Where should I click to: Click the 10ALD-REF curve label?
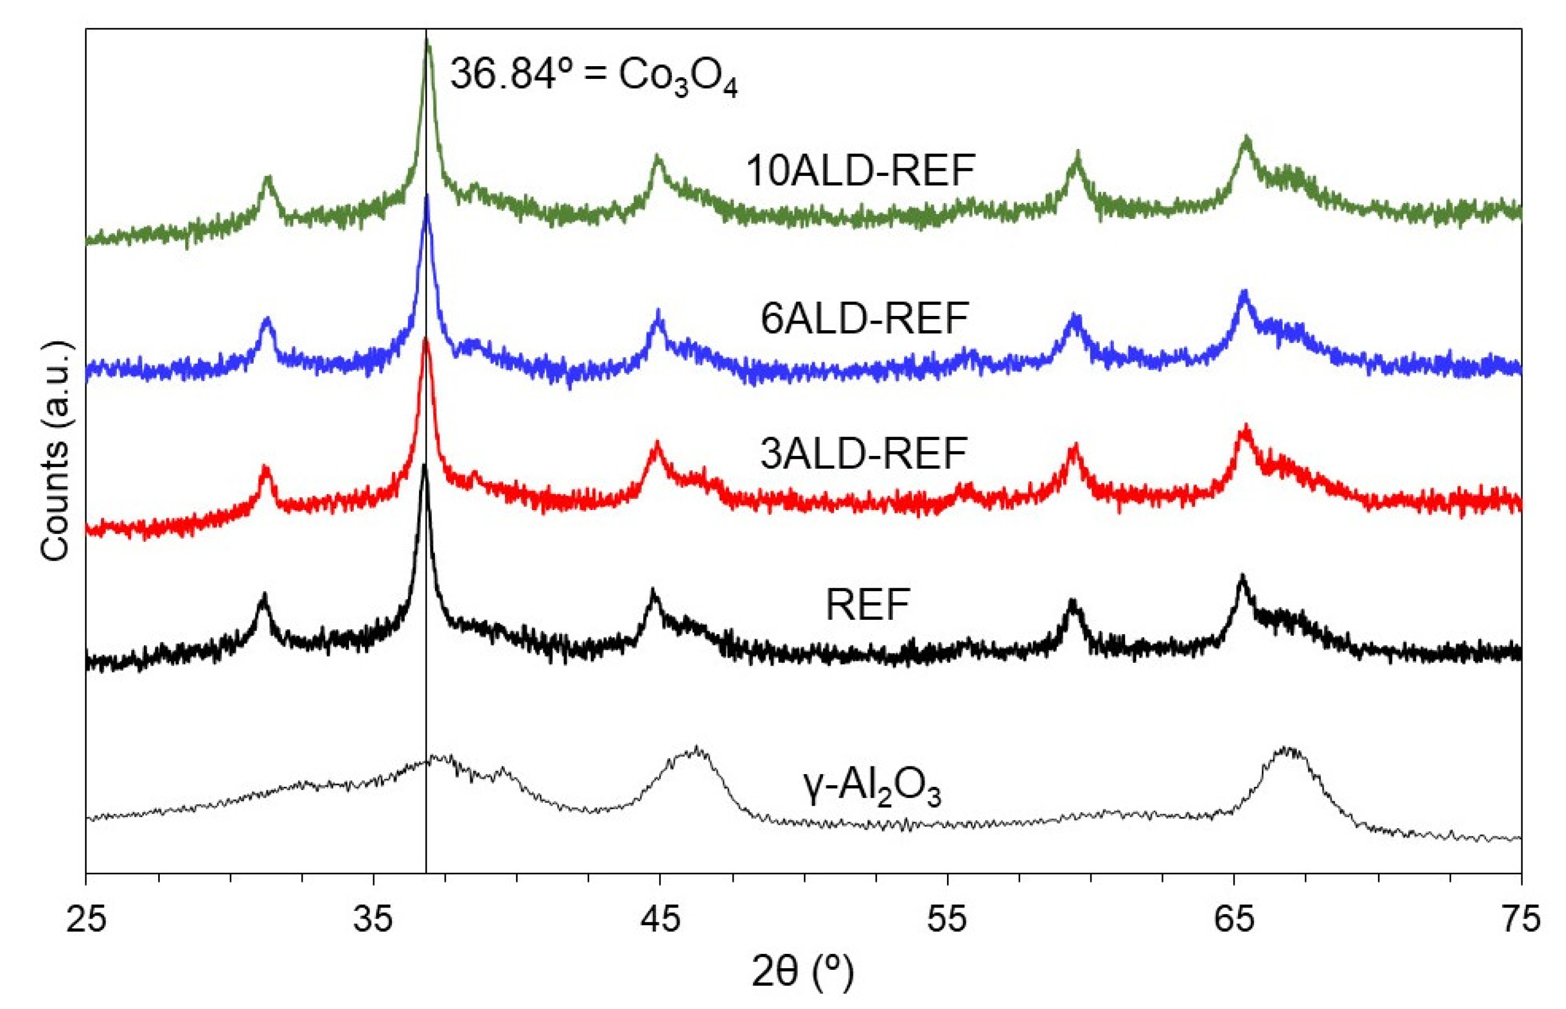pos(860,171)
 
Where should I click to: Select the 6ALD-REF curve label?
pos(864,319)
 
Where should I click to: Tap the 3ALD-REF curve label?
pos(864,453)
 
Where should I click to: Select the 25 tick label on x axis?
pos(86,919)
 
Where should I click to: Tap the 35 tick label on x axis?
pos(373,919)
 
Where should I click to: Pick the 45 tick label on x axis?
pos(660,919)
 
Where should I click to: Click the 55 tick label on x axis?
pos(947,919)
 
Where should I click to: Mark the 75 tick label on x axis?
pos(1521,919)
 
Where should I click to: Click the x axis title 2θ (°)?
pos(803,973)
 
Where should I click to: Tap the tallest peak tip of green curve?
pos(428,41)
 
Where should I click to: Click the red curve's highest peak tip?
pos(427,339)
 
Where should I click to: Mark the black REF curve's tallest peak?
pos(424,466)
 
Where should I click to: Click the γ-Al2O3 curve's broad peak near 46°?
pos(696,748)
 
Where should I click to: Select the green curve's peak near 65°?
pos(1246,138)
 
